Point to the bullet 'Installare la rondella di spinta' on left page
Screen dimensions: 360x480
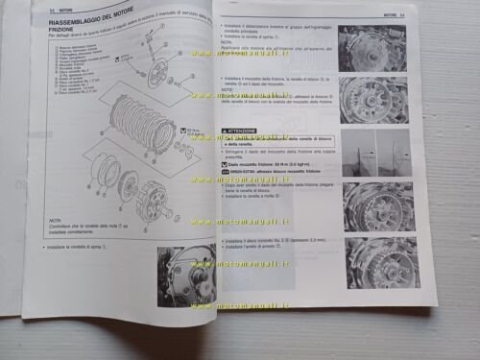(77, 248)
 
